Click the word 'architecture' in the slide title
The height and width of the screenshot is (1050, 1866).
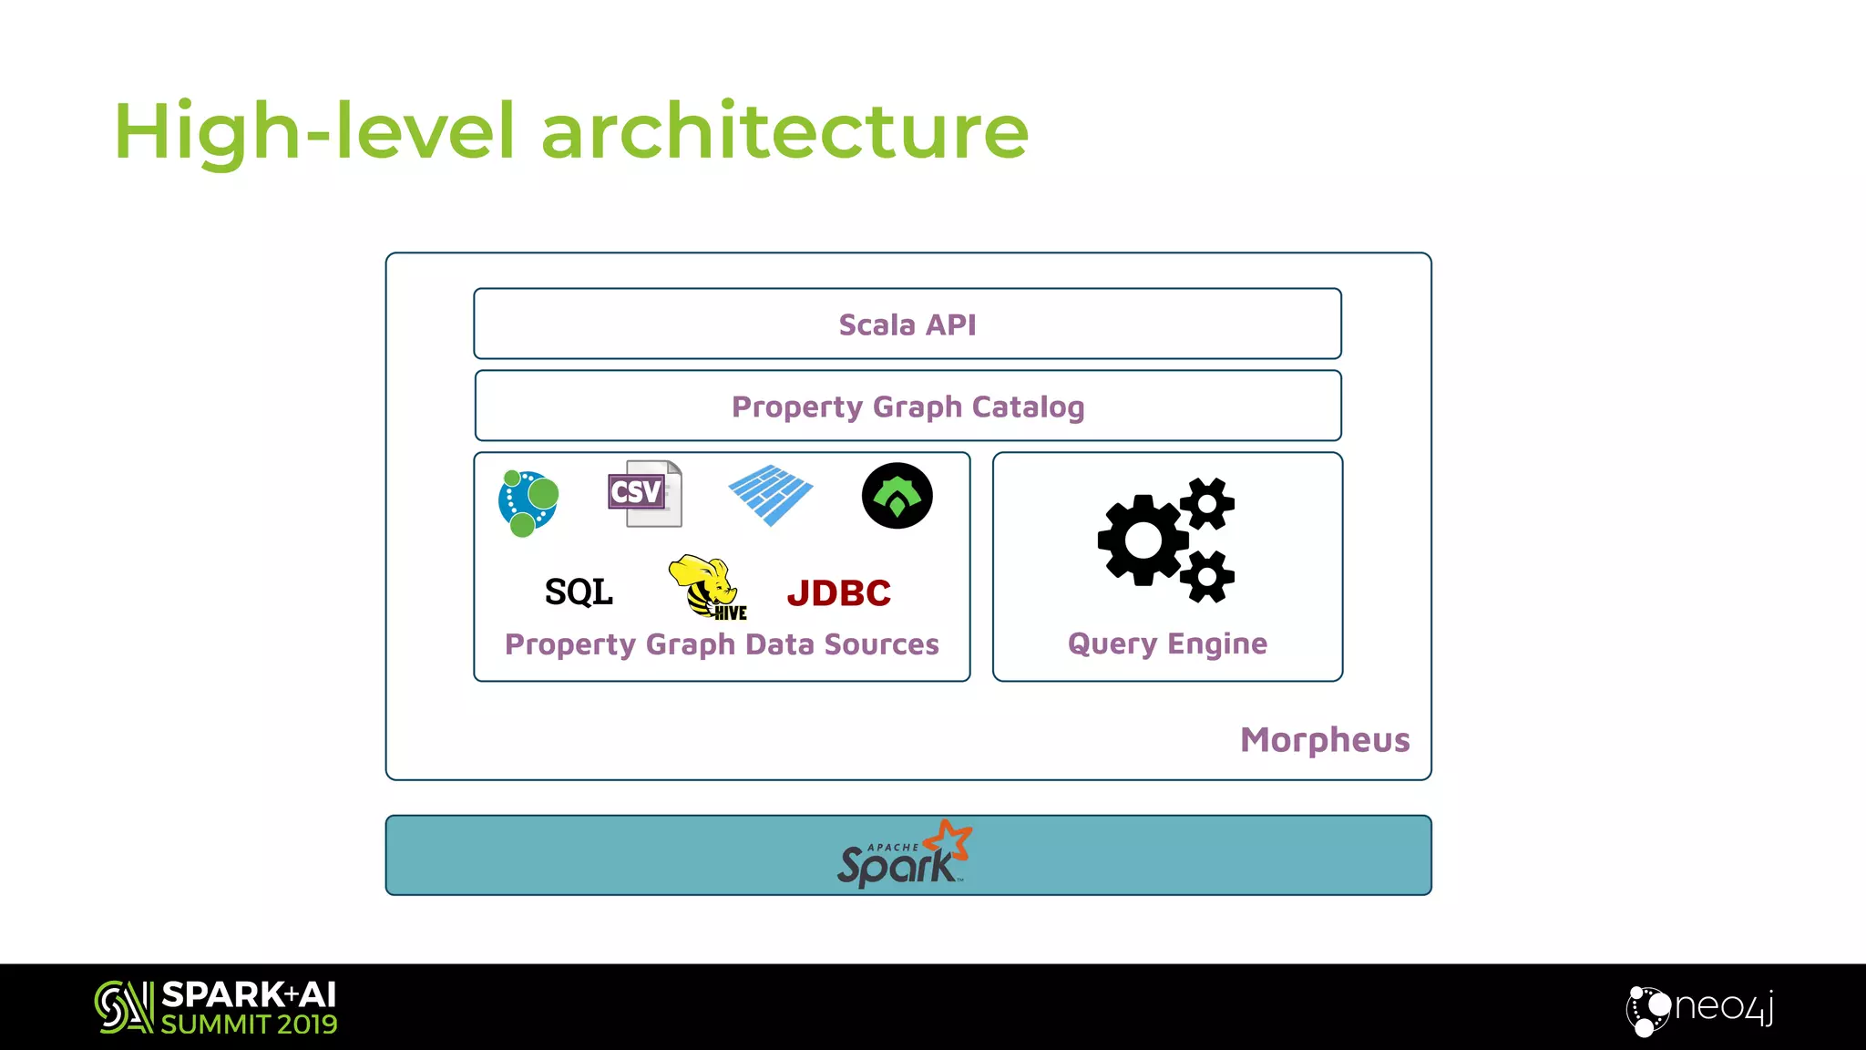click(784, 132)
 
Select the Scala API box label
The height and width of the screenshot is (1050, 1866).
click(907, 324)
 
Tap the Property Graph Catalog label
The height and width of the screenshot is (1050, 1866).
click(907, 407)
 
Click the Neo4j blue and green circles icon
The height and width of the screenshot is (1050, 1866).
click(528, 502)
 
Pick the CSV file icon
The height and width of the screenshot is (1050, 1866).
click(645, 493)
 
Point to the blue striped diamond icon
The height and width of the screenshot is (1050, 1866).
click(771, 495)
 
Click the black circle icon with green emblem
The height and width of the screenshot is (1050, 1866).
click(897, 496)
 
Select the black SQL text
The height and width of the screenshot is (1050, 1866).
click(579, 592)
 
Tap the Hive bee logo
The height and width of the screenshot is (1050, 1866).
click(709, 587)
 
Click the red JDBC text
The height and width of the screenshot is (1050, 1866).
click(838, 593)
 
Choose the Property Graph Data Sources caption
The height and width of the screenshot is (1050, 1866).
click(722, 644)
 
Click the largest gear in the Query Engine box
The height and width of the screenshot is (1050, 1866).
click(1143, 540)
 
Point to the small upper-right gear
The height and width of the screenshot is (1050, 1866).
click(1207, 503)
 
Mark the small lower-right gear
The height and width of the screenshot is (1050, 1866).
click(1207, 576)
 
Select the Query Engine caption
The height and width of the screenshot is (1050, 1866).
click(1167, 643)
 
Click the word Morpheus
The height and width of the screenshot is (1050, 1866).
click(1325, 739)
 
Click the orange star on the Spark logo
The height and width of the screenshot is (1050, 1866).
click(949, 839)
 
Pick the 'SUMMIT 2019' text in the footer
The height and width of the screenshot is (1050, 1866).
click(249, 1024)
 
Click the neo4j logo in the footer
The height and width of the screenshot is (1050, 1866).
click(1700, 1009)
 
